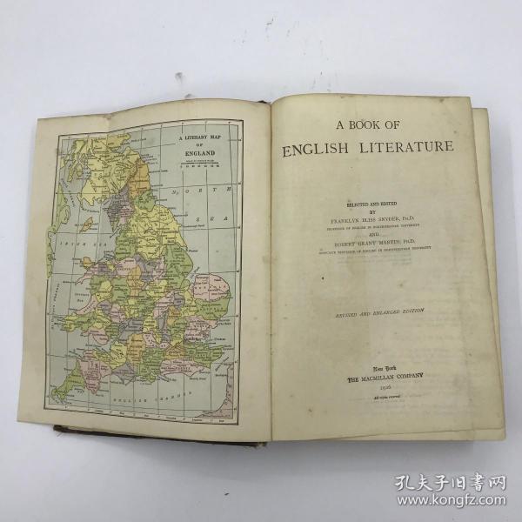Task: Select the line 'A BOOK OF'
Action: click(368, 124)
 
